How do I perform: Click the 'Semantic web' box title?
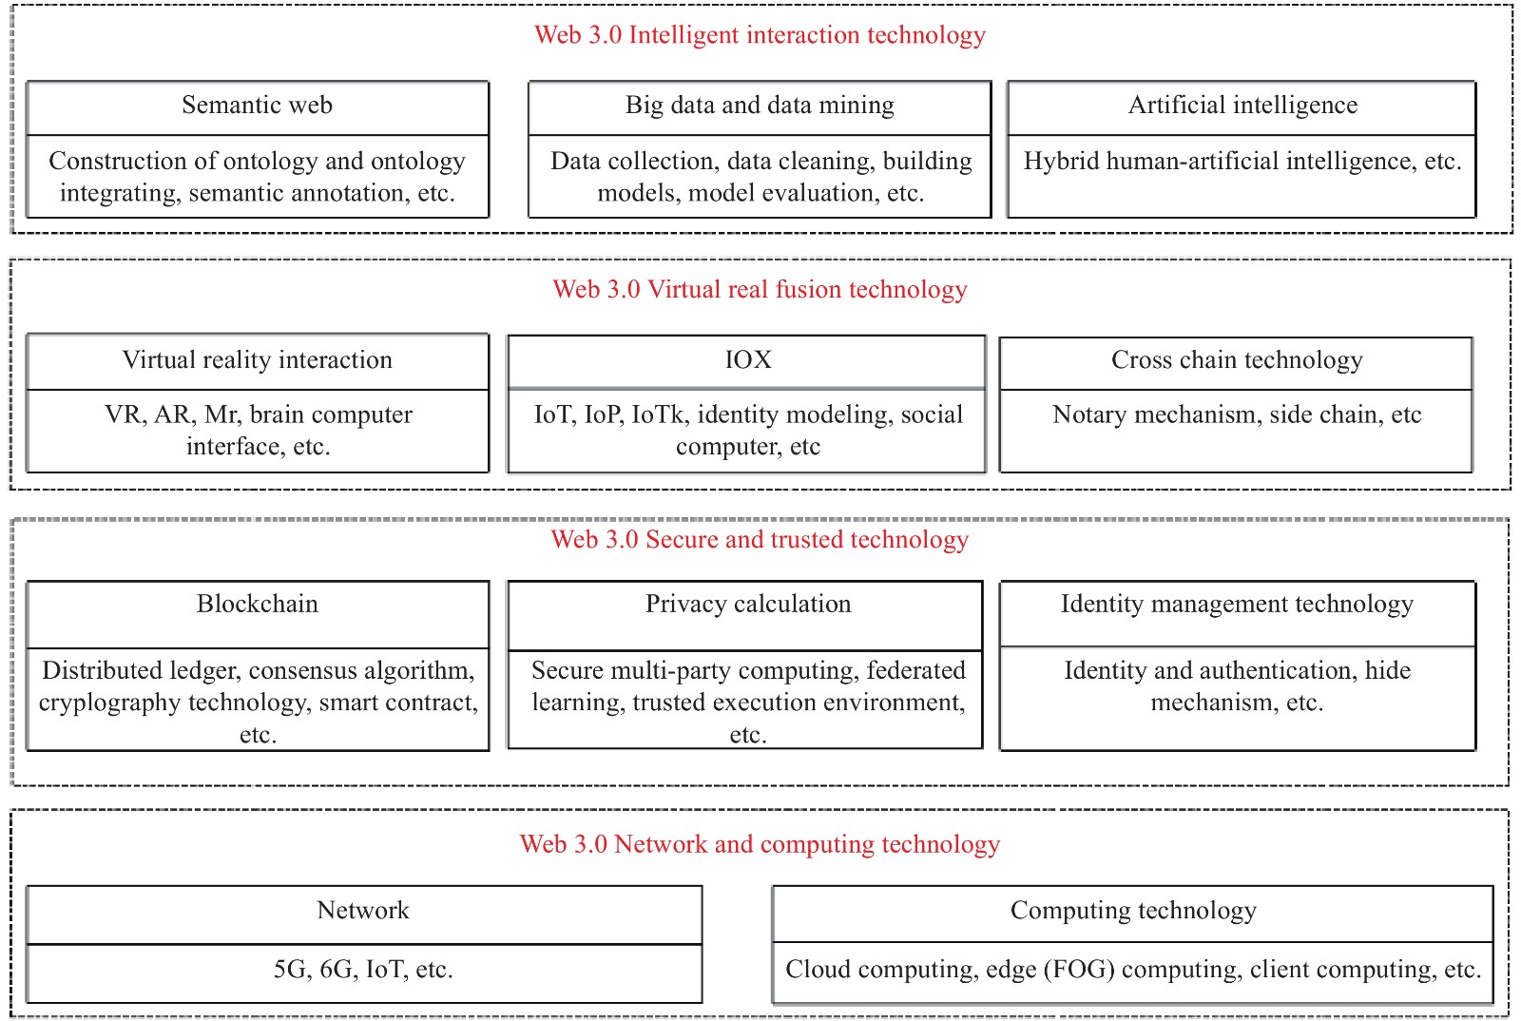(257, 106)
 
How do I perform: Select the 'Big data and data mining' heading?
(760, 106)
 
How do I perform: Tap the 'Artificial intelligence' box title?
(1242, 106)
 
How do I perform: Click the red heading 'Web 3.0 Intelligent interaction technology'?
(760, 35)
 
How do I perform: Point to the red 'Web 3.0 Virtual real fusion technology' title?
(760, 289)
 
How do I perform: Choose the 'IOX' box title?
(748, 360)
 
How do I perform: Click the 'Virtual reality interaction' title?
(257, 360)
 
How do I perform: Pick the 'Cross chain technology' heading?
(1237, 360)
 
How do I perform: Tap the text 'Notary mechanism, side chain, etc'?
(1237, 414)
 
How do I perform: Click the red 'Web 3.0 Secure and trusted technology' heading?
(760, 540)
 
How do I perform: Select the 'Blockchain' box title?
(257, 605)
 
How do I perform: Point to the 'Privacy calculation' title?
(748, 605)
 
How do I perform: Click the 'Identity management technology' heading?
(1237, 605)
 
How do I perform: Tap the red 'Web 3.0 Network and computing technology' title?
(760, 844)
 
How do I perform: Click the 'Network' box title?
(363, 911)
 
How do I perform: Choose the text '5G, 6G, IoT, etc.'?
(363, 970)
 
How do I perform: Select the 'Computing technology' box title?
(1133, 911)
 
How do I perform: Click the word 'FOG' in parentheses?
(1079, 970)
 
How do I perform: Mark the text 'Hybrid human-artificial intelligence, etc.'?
(1242, 162)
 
